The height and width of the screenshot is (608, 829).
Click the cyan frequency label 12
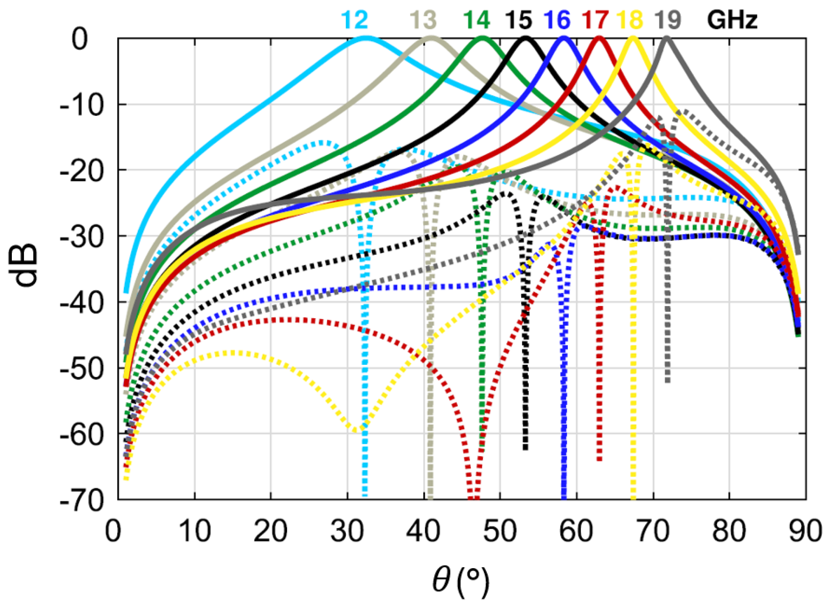click(x=354, y=20)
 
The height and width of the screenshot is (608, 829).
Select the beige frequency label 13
click(x=423, y=20)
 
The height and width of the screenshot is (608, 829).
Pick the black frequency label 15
click(x=518, y=20)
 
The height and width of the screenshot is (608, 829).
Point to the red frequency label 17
click(x=595, y=20)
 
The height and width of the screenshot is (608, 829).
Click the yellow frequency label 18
click(x=631, y=20)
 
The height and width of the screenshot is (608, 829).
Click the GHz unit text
click(x=732, y=20)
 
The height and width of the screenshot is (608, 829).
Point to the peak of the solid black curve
click(x=526, y=38)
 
